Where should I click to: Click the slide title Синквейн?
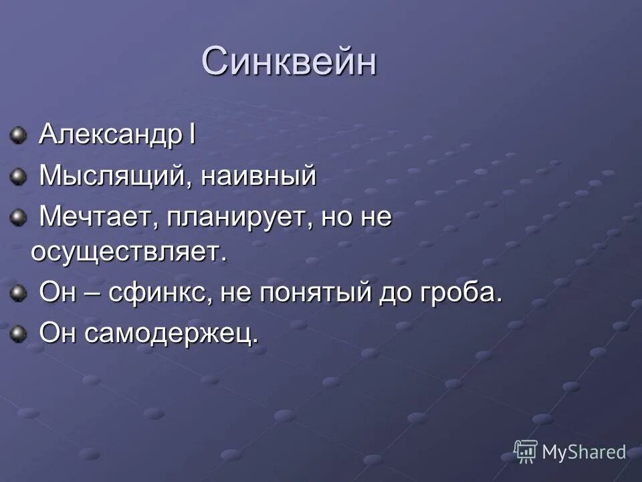coord(289,62)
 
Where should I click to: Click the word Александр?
coord(110,134)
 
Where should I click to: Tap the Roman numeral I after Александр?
coord(191,134)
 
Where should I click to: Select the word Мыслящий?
coord(111,177)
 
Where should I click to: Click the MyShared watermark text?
coord(584,452)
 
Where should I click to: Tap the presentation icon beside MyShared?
coord(526,451)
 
